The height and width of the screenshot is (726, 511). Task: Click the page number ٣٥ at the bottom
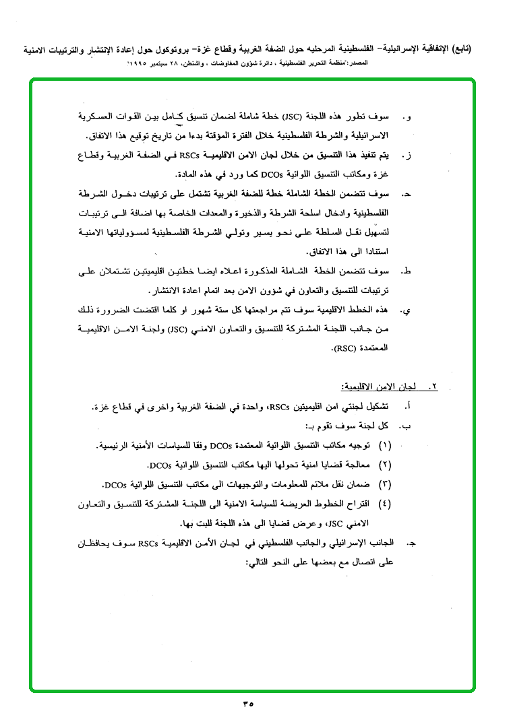point(247,704)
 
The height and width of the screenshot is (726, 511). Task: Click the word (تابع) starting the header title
point(460,48)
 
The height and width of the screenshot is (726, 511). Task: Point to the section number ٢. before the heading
point(433,388)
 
